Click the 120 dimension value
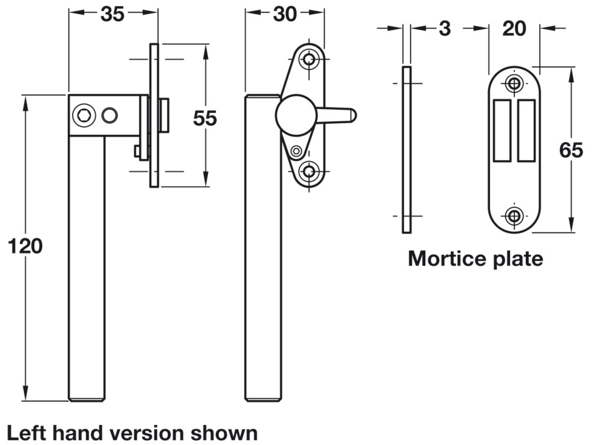click(x=25, y=246)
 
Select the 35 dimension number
click(x=112, y=14)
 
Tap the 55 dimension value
click(x=205, y=118)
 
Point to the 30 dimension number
click(x=285, y=14)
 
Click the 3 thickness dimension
click(x=444, y=29)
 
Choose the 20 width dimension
click(x=514, y=29)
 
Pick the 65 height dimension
click(x=571, y=150)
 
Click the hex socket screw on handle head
click(x=84, y=115)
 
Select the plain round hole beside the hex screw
click(x=109, y=115)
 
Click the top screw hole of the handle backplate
click(x=309, y=59)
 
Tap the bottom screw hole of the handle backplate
click(x=309, y=171)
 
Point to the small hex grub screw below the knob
click(x=296, y=151)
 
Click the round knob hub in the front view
click(x=296, y=115)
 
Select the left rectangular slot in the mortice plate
click(x=502, y=131)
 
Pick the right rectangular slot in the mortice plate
click(x=526, y=131)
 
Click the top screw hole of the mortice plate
click(x=514, y=83)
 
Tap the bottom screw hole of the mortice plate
click(x=514, y=216)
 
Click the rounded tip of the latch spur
click(x=353, y=115)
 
